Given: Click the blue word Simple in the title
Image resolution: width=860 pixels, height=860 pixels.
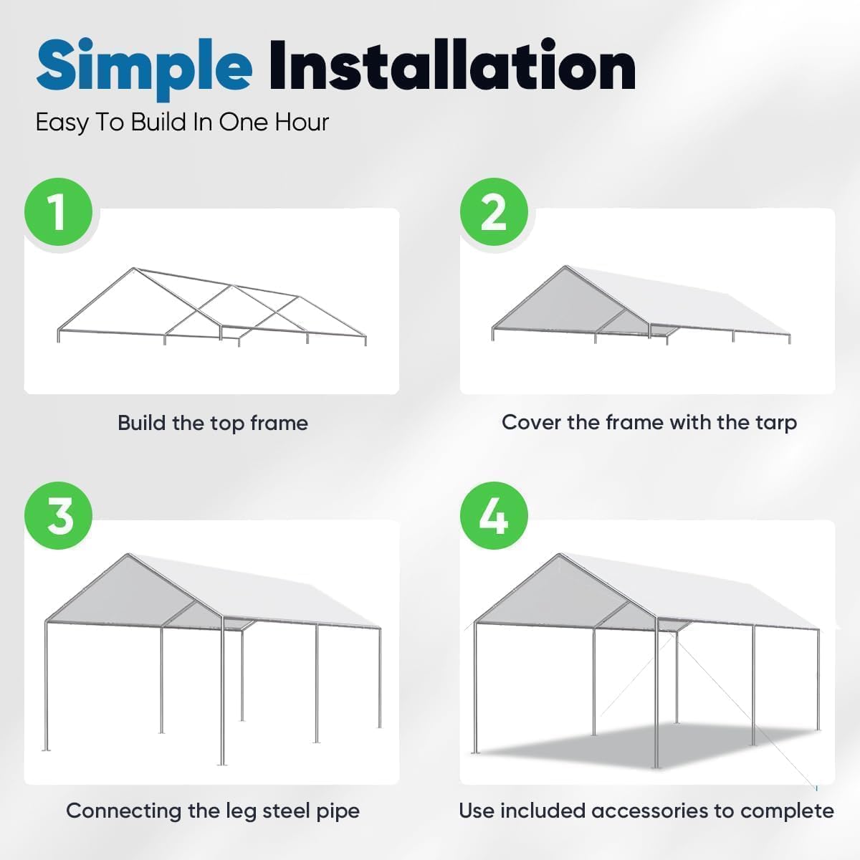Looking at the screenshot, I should point(143,66).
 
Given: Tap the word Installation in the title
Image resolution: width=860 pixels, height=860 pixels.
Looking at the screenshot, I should point(451,66).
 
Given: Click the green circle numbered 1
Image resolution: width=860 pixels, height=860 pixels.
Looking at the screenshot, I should point(59,212).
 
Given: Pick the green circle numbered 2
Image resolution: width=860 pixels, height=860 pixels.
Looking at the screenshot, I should point(494,212).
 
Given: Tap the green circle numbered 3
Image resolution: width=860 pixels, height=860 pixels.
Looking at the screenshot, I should point(59,516).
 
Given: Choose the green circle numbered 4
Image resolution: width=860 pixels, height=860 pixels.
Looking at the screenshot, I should point(494,516).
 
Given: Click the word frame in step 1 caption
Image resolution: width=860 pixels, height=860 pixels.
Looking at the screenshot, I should point(279,423).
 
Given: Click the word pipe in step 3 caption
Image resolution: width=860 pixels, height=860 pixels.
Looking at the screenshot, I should point(338,811).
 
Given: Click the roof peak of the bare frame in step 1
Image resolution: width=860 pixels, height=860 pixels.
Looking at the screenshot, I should point(133,269).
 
